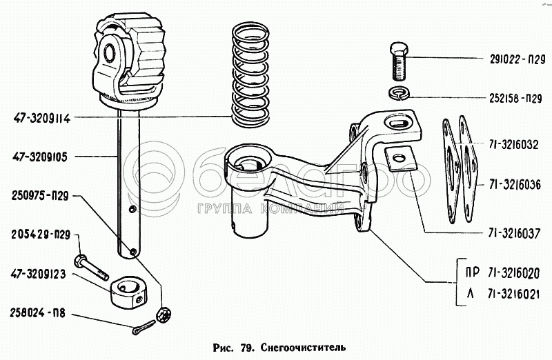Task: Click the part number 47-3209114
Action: pyautogui.click(x=42, y=119)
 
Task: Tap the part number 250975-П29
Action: pyautogui.click(x=40, y=196)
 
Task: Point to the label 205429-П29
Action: pyautogui.click(x=41, y=234)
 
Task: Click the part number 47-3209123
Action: pyautogui.click(x=38, y=274)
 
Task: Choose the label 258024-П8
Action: pyautogui.click(x=38, y=313)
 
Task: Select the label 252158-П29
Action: pyautogui.click(x=515, y=99)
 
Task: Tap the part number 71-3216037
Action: pyautogui.click(x=514, y=233)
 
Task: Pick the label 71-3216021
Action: pyautogui.click(x=513, y=294)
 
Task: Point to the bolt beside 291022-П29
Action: pyautogui.click(x=400, y=61)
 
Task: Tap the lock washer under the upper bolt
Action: pyautogui.click(x=398, y=93)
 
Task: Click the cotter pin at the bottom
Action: pyautogui.click(x=144, y=328)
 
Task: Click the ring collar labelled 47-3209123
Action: pyautogui.click(x=128, y=293)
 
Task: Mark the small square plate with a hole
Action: pyautogui.click(x=401, y=159)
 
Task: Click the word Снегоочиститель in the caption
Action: pyautogui.click(x=304, y=348)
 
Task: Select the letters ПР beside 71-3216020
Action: pyautogui.click(x=472, y=273)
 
